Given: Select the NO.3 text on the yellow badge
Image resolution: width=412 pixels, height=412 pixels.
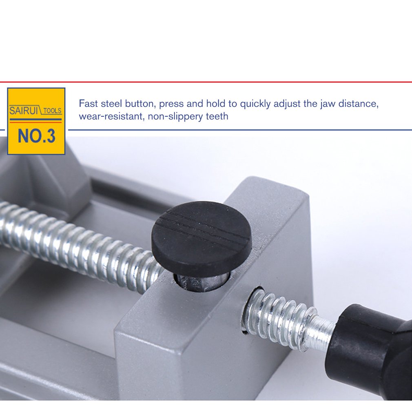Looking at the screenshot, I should (x=36, y=136).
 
